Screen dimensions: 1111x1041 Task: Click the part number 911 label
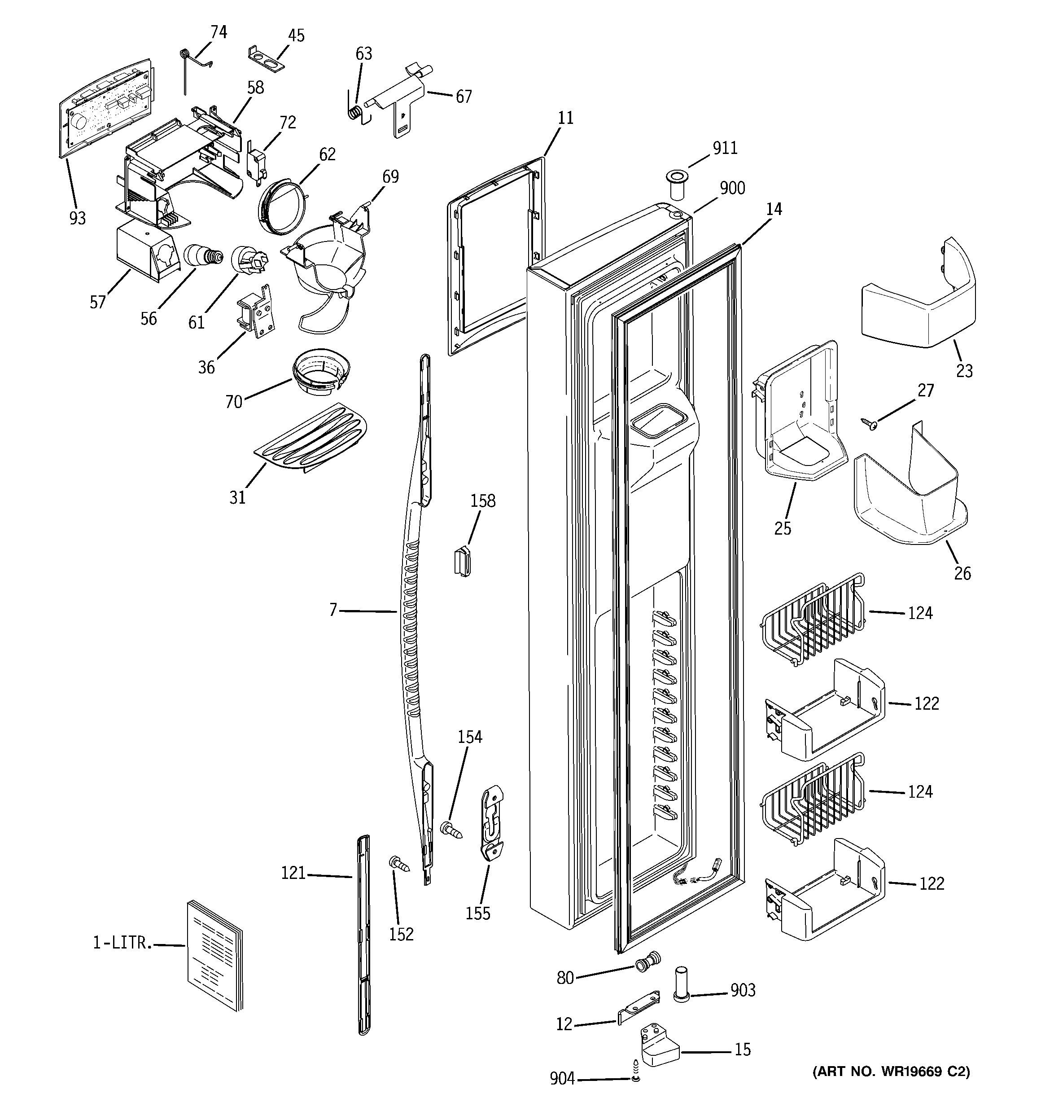coord(725,148)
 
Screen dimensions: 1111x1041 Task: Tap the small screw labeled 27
coord(869,424)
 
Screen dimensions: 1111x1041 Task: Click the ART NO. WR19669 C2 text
coord(891,1071)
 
